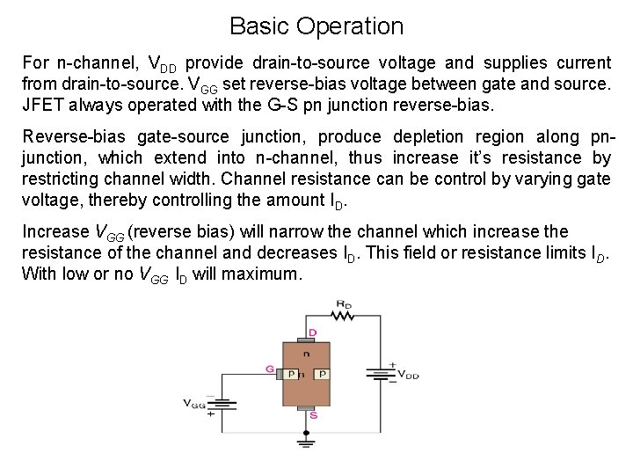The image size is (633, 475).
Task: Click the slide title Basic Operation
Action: coord(316,26)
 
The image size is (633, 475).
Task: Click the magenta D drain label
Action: coord(312,333)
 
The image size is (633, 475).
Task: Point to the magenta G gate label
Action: coord(268,369)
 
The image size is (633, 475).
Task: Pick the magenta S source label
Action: coord(313,415)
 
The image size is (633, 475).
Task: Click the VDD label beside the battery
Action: coord(409,375)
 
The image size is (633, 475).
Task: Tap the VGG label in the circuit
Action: coord(193,404)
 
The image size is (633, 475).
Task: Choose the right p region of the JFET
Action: coord(322,374)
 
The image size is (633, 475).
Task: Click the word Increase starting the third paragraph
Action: coord(55,233)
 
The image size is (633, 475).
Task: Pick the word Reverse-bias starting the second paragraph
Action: coord(71,137)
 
